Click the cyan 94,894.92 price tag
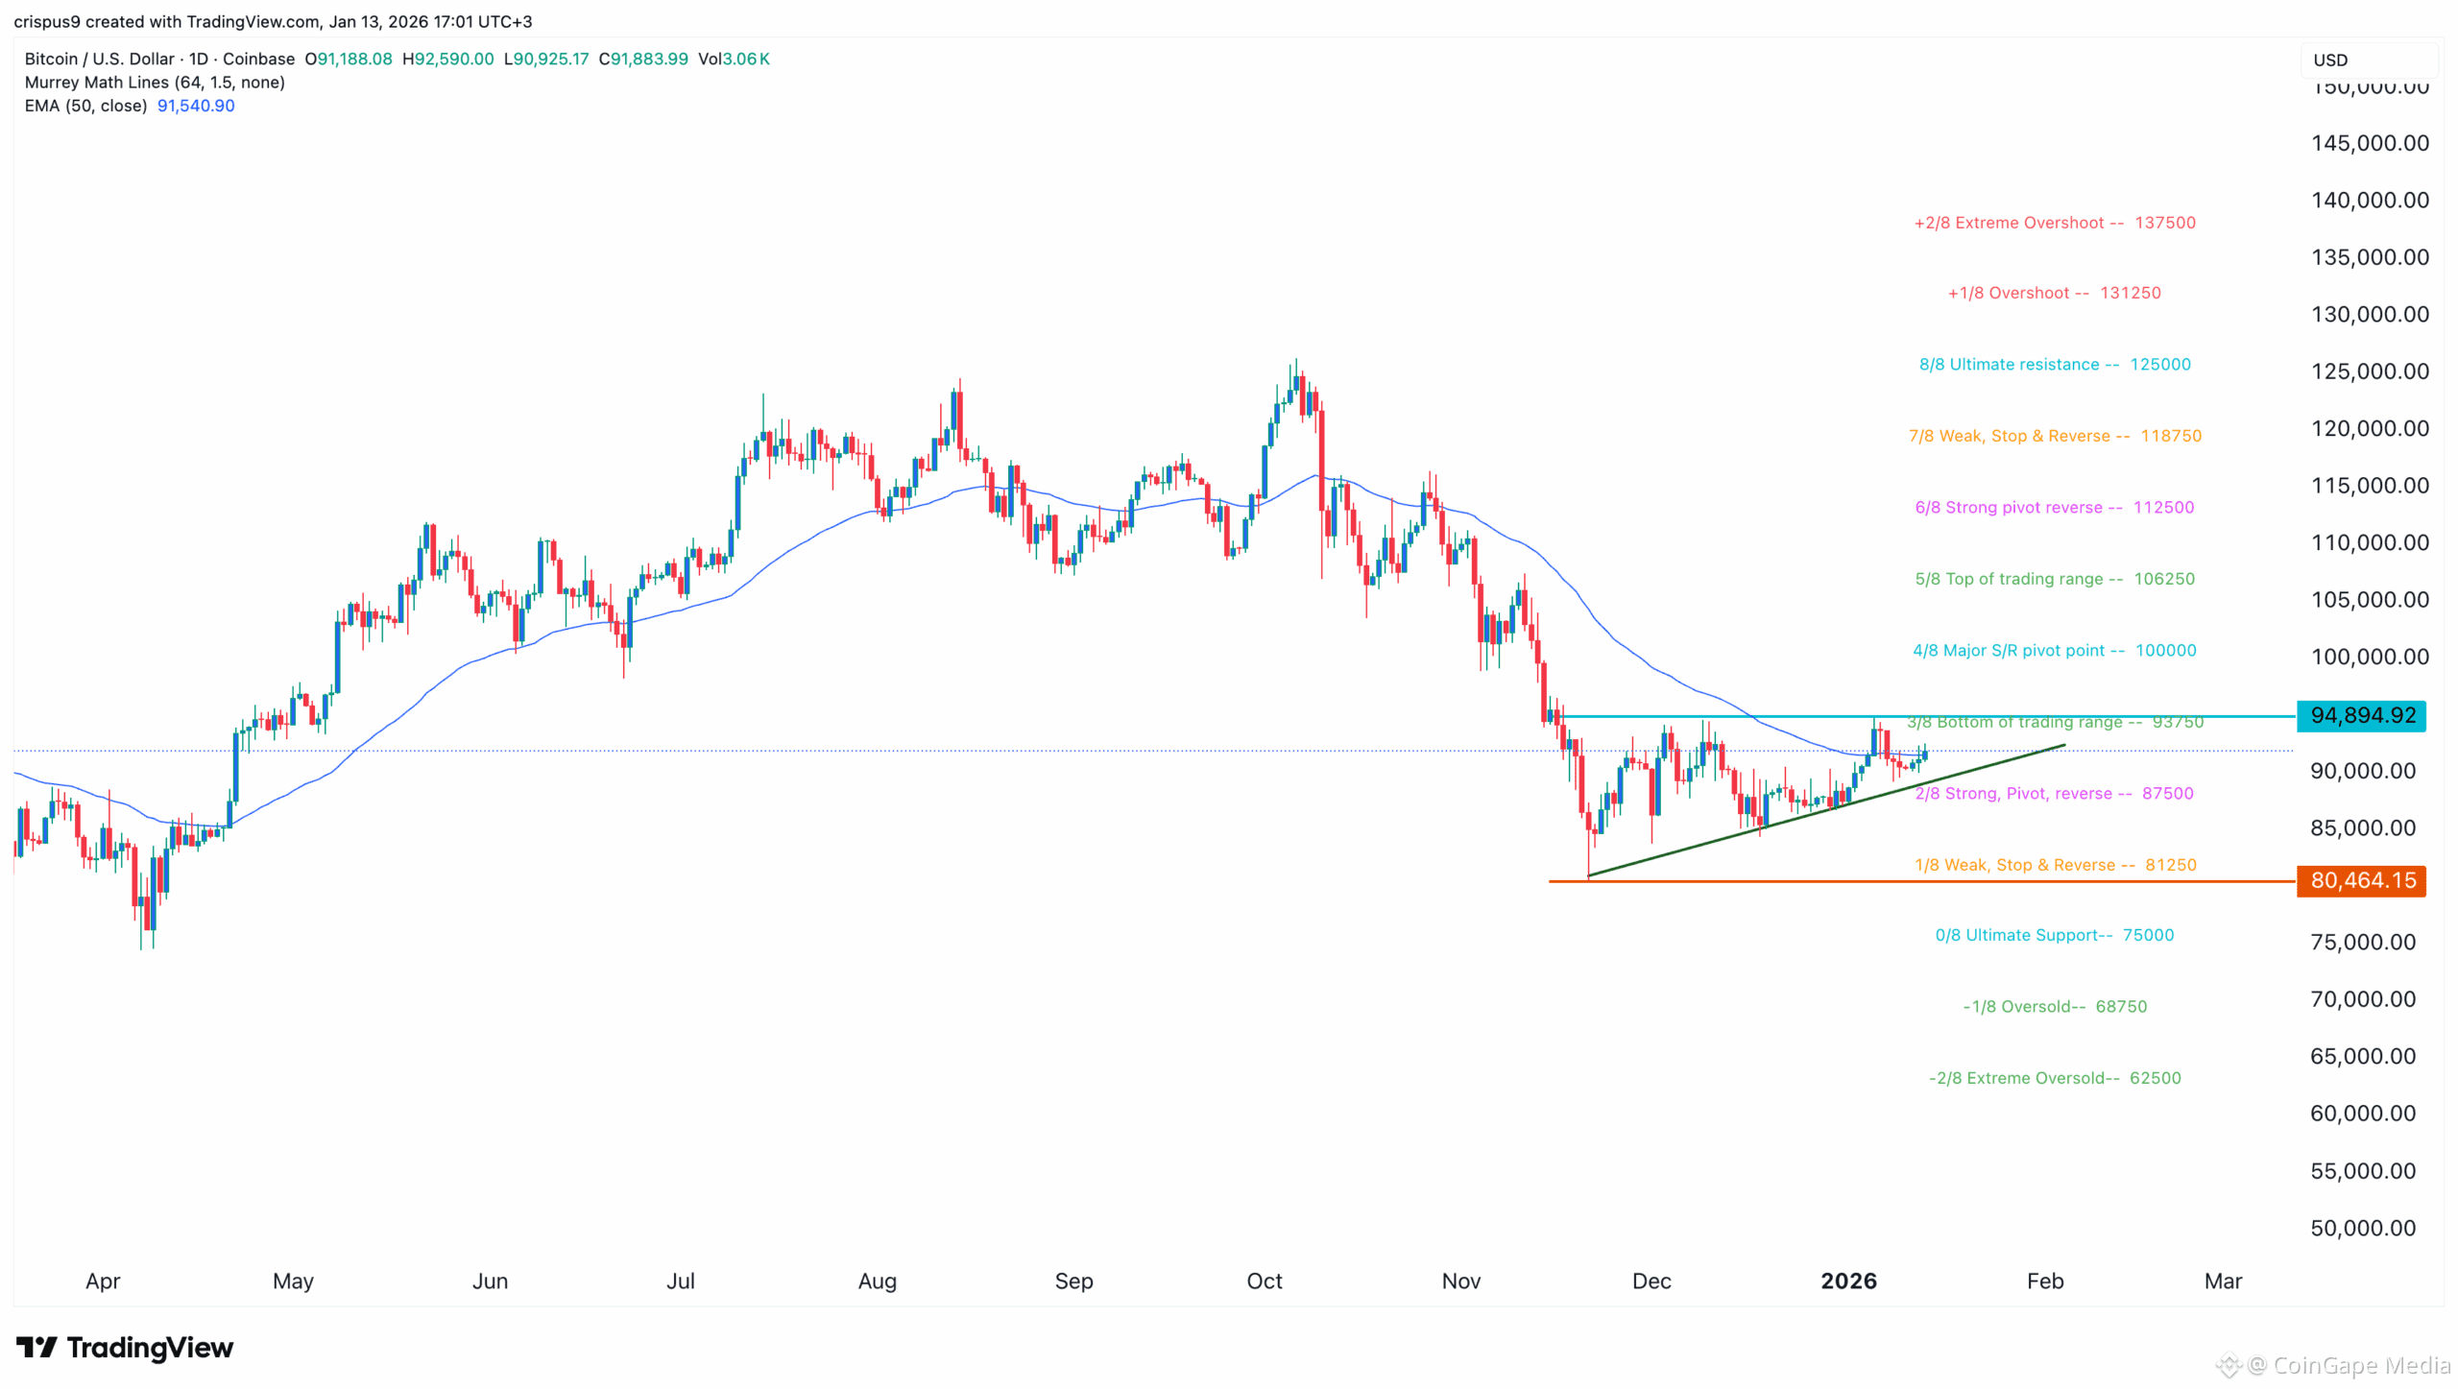(2361, 716)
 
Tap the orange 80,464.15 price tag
(2361, 881)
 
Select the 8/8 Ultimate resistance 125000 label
(2055, 365)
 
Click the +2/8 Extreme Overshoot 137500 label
(2055, 223)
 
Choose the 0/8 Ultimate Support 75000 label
(2054, 936)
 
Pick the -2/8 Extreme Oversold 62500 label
(2055, 1079)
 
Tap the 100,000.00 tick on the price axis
(2370, 658)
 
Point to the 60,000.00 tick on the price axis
(2363, 1114)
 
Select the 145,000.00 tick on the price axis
(2370, 144)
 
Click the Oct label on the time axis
(1265, 1281)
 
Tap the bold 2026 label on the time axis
(1848, 1281)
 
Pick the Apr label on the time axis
(103, 1281)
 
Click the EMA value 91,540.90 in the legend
(196, 106)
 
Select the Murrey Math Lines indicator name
(155, 83)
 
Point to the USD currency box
(2331, 60)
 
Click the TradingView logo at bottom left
(125, 1349)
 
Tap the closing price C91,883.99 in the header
(643, 59)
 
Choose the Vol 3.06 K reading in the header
(734, 59)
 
